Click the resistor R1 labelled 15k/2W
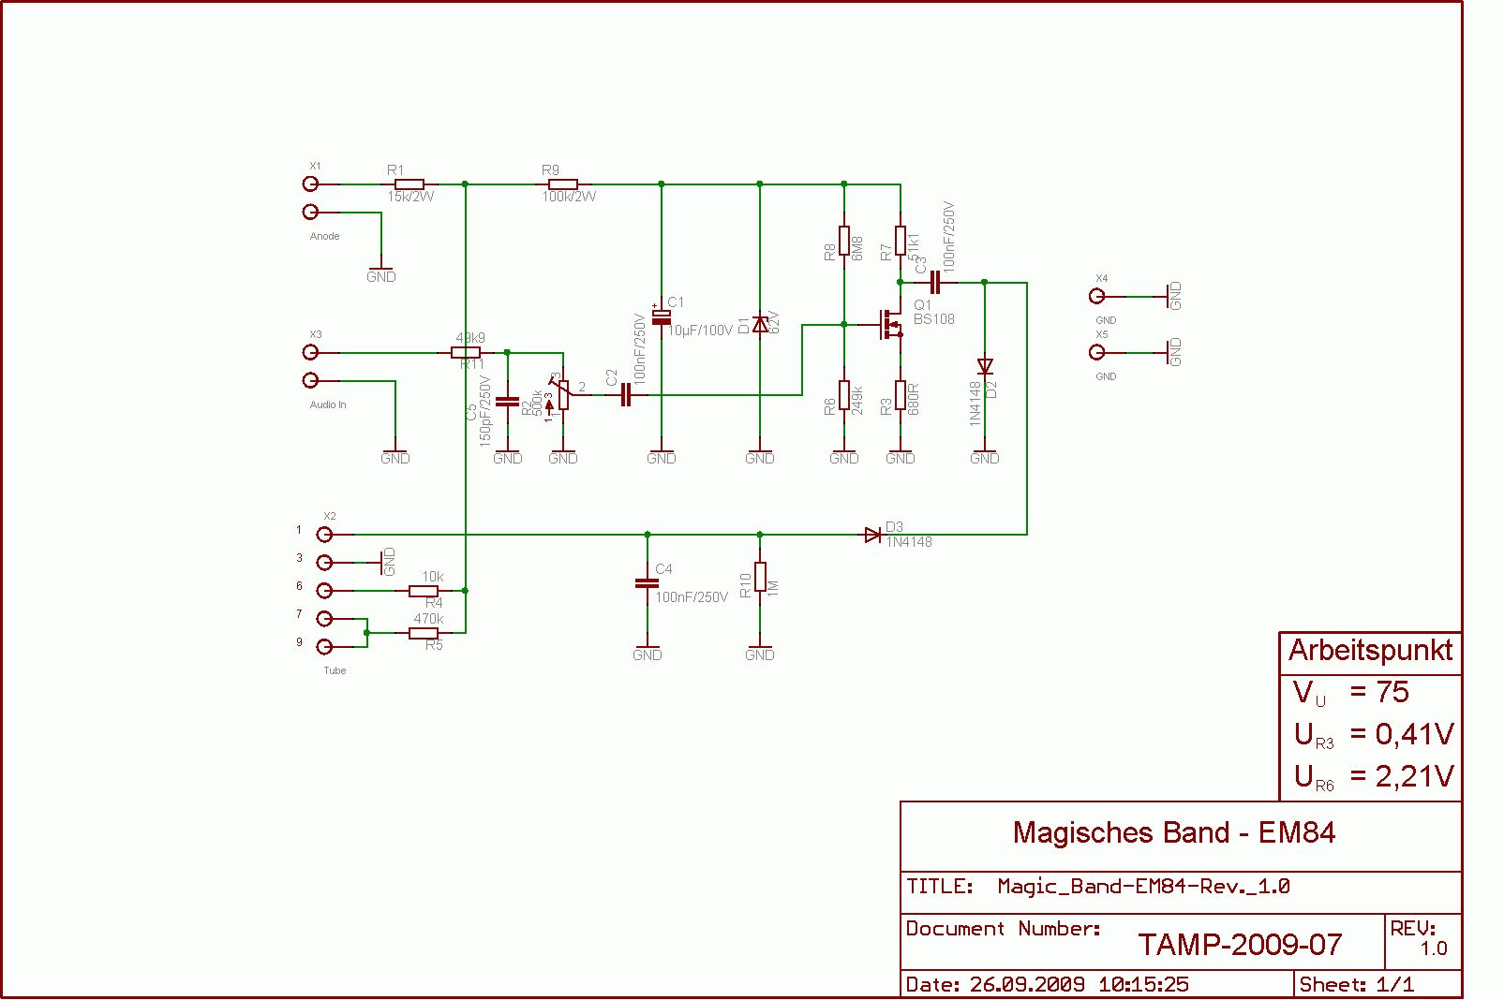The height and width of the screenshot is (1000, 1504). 410,184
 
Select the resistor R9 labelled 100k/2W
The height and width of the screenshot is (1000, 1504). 564,184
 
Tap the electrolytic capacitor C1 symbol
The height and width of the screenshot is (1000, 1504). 662,316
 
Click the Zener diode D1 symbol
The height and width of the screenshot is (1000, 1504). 760,325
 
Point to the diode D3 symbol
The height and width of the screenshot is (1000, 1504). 873,535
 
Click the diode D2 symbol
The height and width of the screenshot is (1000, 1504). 985,366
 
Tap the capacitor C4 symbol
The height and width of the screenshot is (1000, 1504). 647,583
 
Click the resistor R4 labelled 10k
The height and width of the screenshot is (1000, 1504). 424,591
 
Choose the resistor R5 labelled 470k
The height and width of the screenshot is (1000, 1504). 424,633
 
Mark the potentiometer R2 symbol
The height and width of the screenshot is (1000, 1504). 562,395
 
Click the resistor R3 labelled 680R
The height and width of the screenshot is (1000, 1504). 901,395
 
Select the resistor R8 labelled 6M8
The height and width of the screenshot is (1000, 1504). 844,241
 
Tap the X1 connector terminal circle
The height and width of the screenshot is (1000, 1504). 310,184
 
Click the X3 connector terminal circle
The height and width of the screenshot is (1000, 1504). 310,352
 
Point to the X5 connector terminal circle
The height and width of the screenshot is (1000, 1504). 1096,352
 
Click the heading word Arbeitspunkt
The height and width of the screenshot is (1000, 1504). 1370,651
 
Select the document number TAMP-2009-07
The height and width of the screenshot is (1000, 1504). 1240,945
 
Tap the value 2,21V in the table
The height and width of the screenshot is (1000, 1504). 1414,776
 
